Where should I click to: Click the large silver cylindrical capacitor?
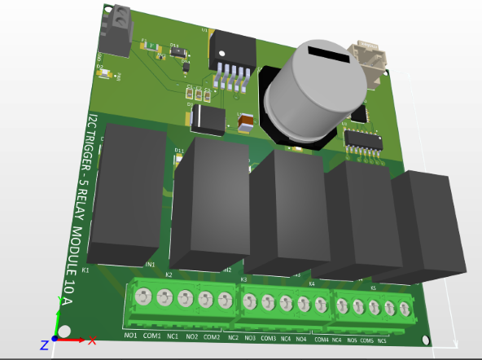(x=313, y=94)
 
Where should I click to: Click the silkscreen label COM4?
(x=321, y=339)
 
